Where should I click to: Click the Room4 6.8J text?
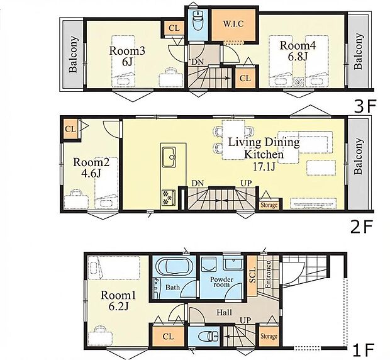295,51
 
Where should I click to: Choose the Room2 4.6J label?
87,167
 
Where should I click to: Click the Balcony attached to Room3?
73,55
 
